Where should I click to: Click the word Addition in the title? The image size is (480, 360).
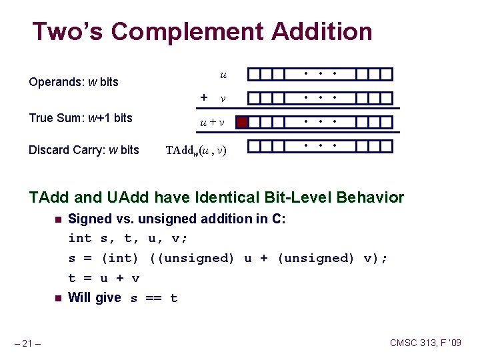coord(322,31)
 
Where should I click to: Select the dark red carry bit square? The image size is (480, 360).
coord(243,122)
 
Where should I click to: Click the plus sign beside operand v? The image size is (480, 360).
coord(204,97)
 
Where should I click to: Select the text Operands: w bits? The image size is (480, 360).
coord(73,82)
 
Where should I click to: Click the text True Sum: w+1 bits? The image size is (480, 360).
coord(81,118)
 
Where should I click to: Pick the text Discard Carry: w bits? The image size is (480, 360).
coord(84,149)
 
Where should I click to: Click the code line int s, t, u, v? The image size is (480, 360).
coord(128,238)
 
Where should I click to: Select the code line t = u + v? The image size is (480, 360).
coord(104,278)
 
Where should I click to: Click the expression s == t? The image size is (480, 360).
coord(154,298)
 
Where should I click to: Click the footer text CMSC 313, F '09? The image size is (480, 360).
coord(425,343)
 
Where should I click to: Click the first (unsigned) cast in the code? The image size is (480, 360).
coord(193,258)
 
